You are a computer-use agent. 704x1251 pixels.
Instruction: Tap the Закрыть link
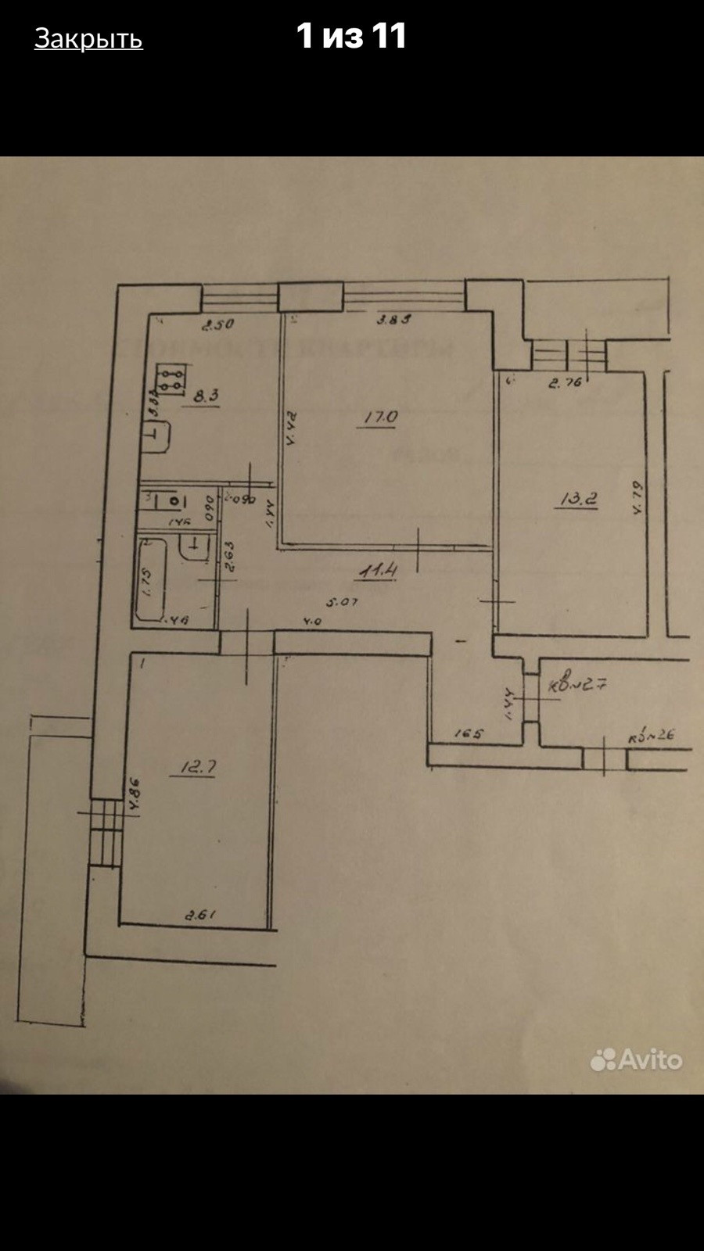88,38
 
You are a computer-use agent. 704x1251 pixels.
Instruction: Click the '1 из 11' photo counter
351,36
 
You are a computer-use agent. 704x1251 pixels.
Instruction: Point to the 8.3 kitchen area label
206,396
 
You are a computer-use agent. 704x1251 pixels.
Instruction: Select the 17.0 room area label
380,418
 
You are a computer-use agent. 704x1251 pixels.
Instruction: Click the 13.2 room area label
579,498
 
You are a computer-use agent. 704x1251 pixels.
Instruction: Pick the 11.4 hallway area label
378,570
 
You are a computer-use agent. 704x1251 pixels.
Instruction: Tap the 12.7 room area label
198,767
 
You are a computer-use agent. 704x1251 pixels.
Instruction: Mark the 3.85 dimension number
393,319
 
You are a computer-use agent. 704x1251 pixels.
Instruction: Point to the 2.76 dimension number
566,382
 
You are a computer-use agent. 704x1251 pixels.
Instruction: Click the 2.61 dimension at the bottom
199,915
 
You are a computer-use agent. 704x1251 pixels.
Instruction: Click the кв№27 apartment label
578,685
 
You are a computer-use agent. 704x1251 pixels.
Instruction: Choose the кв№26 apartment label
651,735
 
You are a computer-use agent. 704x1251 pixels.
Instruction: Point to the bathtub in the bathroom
152,579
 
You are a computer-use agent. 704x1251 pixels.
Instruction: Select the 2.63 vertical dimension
230,558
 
